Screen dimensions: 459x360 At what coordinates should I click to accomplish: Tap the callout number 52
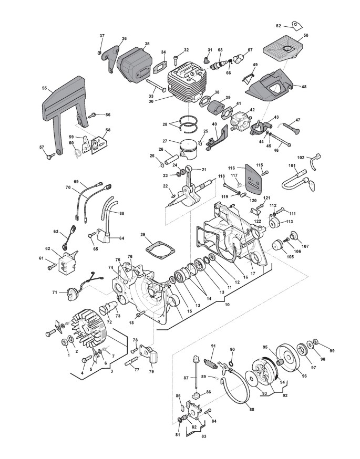click(279, 25)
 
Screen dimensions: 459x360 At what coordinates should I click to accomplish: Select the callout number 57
click(42, 148)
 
